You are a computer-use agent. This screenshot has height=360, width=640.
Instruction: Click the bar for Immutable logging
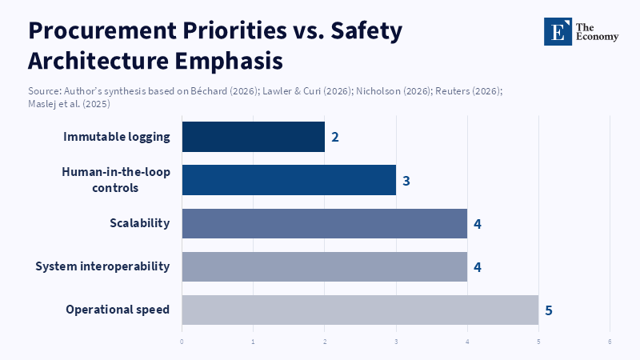coord(253,137)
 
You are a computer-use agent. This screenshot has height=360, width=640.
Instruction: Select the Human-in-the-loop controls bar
coord(289,180)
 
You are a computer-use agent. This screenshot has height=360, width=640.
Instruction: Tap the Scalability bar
coord(324,223)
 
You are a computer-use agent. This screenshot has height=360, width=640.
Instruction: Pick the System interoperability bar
coord(324,266)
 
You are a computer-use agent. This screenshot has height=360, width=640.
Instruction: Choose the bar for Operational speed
coord(360,310)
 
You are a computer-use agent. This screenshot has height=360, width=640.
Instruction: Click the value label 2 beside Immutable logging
coord(335,137)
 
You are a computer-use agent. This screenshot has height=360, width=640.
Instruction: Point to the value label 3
coord(406,181)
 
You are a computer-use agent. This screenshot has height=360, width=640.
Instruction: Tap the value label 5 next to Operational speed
coord(549,310)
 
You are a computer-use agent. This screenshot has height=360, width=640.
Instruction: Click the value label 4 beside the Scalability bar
coord(478,224)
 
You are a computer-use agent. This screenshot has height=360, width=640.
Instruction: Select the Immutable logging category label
coord(117,137)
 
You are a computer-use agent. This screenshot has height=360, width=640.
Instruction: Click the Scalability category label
coord(139,223)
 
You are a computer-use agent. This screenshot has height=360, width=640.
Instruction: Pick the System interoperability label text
coord(102,266)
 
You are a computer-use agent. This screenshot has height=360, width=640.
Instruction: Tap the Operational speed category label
coord(118,310)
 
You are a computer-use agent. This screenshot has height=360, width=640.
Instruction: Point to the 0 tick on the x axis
coord(182,342)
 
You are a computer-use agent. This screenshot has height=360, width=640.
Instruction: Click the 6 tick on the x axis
coord(610,342)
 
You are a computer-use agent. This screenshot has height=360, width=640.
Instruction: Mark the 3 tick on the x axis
coord(396,342)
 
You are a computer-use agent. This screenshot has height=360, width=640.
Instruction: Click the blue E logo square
coord(558,31)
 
